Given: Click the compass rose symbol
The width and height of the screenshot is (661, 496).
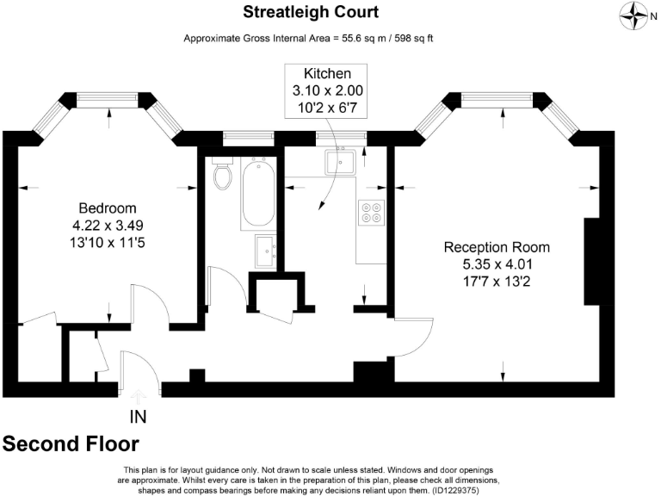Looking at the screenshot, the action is (633, 16).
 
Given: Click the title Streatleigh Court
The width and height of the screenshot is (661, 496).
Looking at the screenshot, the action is (311, 12).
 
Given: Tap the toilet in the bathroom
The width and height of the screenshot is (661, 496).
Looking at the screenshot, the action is (222, 173).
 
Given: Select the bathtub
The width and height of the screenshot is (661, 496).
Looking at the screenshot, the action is (258, 194).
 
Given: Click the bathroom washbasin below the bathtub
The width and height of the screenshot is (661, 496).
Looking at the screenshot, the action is (266, 251).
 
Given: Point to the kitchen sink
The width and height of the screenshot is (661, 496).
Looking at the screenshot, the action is (340, 162).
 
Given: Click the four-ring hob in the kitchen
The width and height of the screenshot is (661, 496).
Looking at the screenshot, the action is (372, 213).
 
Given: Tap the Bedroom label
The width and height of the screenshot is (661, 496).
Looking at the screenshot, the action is (108, 208).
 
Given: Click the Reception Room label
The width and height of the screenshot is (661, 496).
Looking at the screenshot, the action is (497, 247).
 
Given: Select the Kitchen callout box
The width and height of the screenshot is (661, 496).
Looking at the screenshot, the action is (326, 90).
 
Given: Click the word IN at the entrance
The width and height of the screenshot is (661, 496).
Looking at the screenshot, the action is (139, 417).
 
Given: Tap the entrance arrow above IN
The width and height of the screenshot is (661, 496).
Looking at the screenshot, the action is (139, 397).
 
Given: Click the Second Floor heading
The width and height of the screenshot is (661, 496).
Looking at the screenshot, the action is (71, 443).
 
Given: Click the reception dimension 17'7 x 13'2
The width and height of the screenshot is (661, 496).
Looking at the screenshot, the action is (497, 281).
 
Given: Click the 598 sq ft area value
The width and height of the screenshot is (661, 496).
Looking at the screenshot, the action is (413, 39).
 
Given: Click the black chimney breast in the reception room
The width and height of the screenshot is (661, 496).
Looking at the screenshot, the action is (591, 262).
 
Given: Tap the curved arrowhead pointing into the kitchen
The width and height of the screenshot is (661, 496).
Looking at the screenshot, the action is (321, 206).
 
